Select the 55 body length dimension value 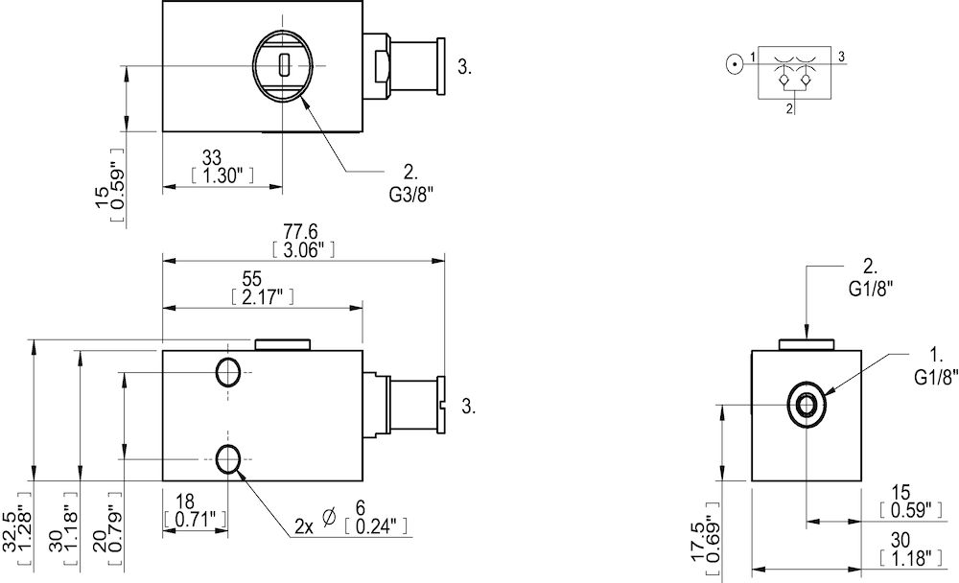(x=251, y=279)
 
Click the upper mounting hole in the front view (x=228, y=372)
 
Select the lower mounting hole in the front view (x=228, y=460)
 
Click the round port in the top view (x=285, y=64)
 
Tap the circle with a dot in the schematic (x=734, y=65)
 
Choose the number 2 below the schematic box (x=789, y=109)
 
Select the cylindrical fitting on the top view (x=416, y=64)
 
